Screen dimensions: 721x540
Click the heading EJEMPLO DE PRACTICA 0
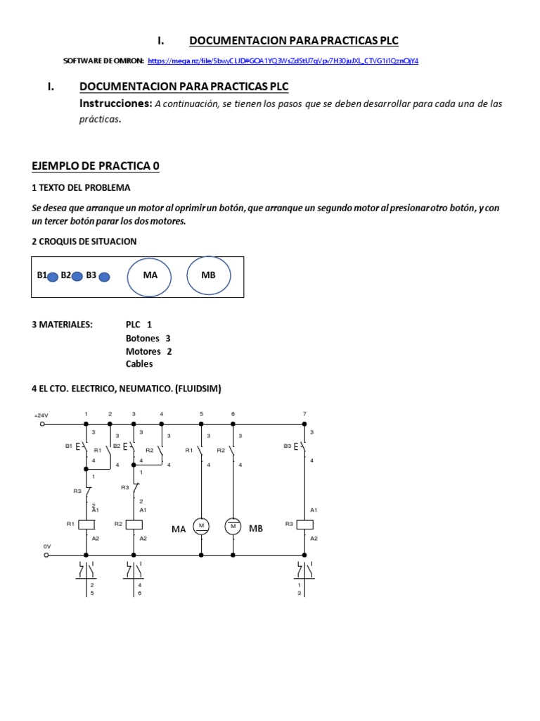96,166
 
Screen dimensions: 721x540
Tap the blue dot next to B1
52,277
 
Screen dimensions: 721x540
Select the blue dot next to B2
77,277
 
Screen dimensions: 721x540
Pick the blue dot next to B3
104,277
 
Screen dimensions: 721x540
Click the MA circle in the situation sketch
149,275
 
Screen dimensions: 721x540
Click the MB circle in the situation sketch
209,275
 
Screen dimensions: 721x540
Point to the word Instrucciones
115,104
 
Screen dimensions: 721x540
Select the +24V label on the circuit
41,415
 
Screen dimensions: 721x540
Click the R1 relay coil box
86,525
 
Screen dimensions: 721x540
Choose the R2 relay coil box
134,525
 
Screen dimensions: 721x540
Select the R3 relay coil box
304,525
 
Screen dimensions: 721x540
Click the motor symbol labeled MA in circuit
201,526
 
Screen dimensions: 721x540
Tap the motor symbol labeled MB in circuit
233,526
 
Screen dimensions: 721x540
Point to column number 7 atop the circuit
304,413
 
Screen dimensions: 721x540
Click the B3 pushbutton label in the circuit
288,446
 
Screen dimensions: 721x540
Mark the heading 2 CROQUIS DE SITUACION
84,242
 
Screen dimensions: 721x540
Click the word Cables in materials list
139,364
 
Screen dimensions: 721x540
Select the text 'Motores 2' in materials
148,351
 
